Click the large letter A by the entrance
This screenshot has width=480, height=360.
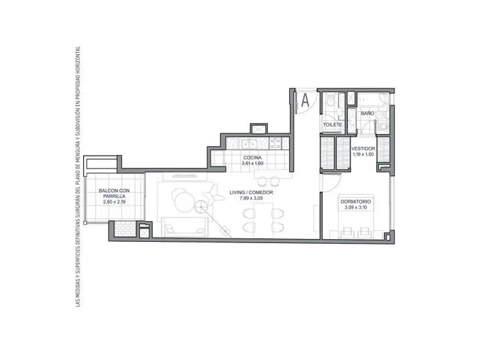point(305,100)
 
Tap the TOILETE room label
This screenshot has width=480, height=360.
point(332,125)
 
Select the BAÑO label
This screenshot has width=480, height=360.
point(367,113)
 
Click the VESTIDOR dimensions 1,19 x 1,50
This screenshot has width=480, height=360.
point(363,155)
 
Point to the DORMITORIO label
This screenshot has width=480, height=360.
point(355,202)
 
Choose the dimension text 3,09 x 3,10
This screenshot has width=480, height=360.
point(356,208)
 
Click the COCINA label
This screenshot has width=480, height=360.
point(253,157)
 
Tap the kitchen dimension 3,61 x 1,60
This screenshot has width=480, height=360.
point(253,164)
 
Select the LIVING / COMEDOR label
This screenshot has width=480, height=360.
point(251,193)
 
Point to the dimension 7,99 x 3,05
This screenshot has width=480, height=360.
point(251,198)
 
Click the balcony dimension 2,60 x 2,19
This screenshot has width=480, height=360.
point(114,202)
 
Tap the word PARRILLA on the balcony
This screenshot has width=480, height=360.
point(114,196)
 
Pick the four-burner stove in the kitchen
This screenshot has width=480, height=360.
point(275,143)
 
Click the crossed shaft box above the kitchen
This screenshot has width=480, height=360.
point(259,129)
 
